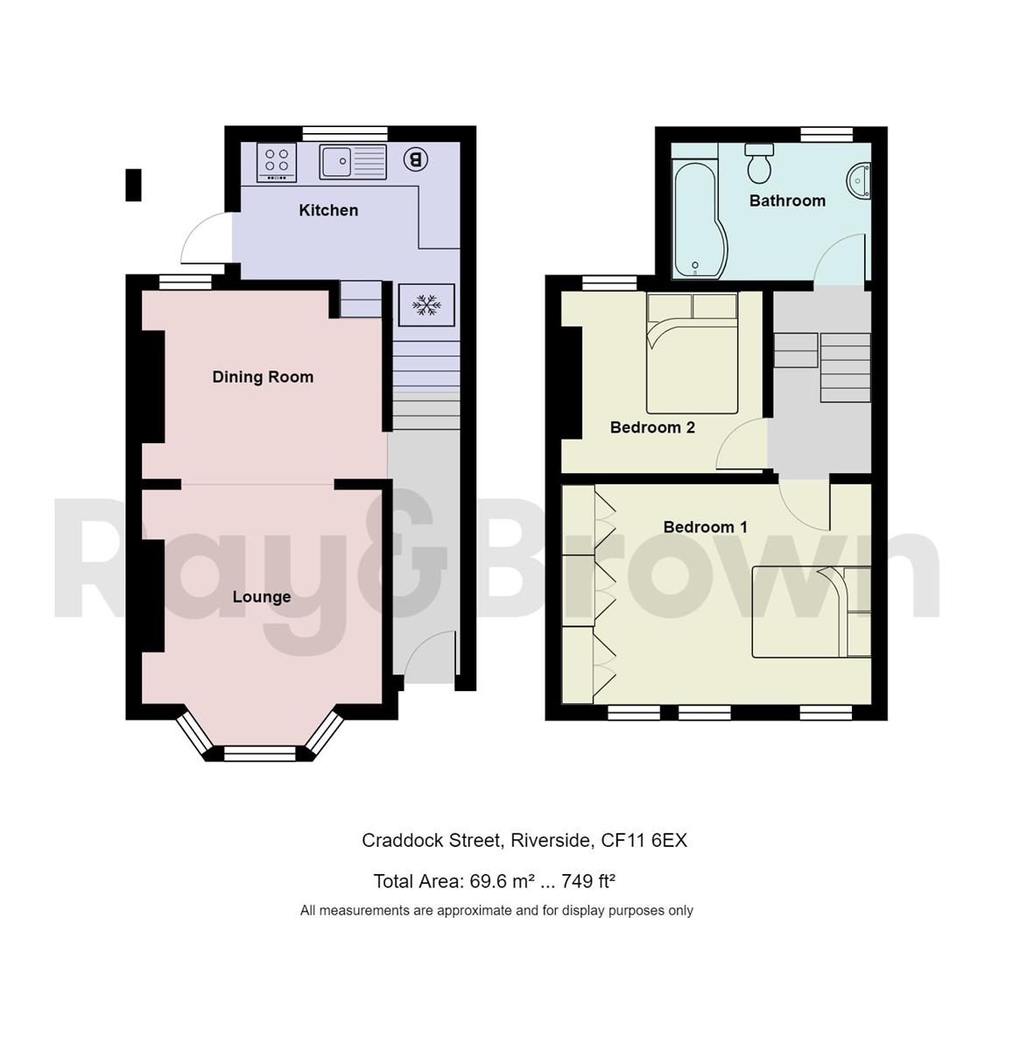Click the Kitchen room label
point(328,210)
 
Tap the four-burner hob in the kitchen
point(277,162)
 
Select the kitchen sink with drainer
point(353,162)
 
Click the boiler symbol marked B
point(416,159)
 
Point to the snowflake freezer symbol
point(426,305)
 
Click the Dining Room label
point(263,377)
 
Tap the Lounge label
point(261,596)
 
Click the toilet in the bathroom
point(758,163)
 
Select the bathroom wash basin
point(859,180)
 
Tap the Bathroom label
point(787,201)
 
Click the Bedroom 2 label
point(652,427)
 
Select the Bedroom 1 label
point(705,526)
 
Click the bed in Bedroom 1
point(810,611)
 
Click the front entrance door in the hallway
point(427,659)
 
